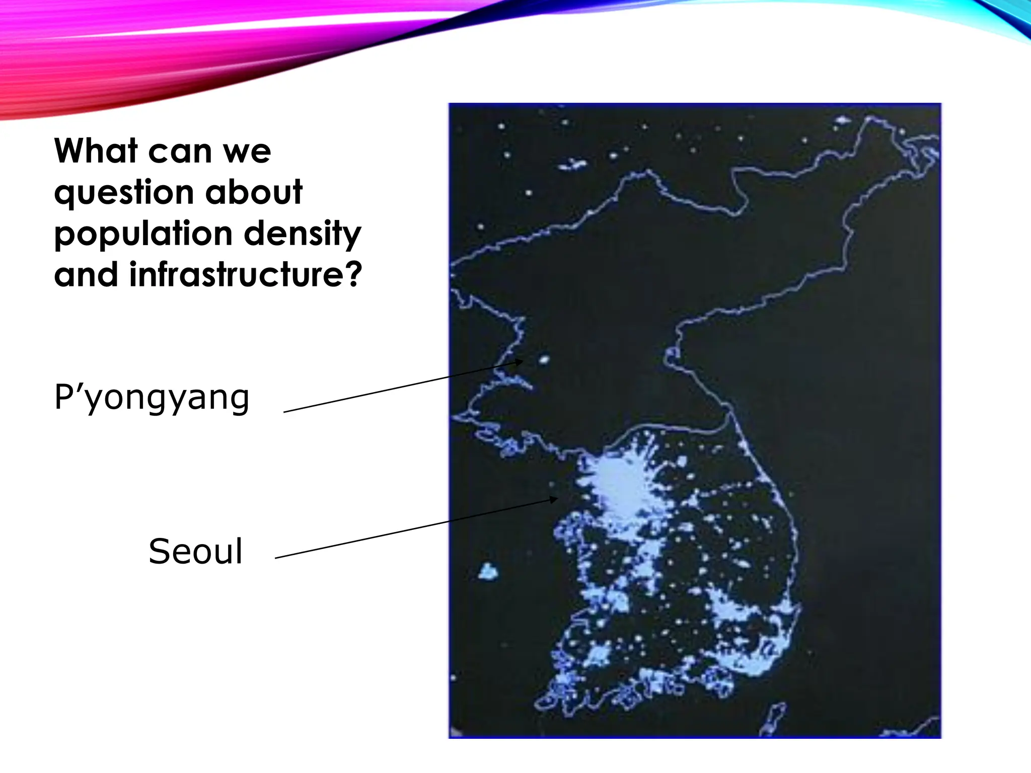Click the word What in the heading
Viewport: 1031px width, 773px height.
coord(96,151)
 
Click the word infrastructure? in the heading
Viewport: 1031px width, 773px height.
coord(246,275)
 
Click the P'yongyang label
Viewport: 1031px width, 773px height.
coord(152,398)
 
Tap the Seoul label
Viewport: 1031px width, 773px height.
coord(195,552)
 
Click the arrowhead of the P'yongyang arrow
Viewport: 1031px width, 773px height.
coord(521,361)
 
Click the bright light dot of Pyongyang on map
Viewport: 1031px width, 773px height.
coord(544,359)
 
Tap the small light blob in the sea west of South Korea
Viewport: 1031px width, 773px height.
coord(488,572)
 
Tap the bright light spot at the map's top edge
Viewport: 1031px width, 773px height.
coord(842,121)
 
